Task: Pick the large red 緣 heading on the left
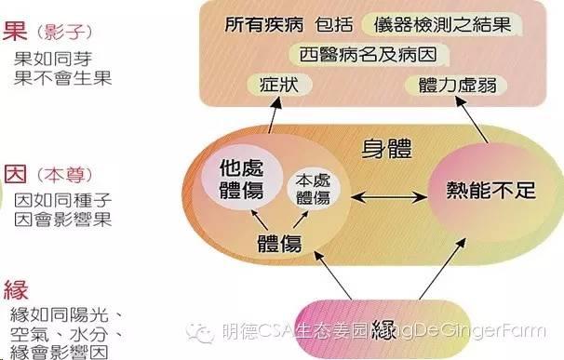(16, 287)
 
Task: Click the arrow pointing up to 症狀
(272, 115)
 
